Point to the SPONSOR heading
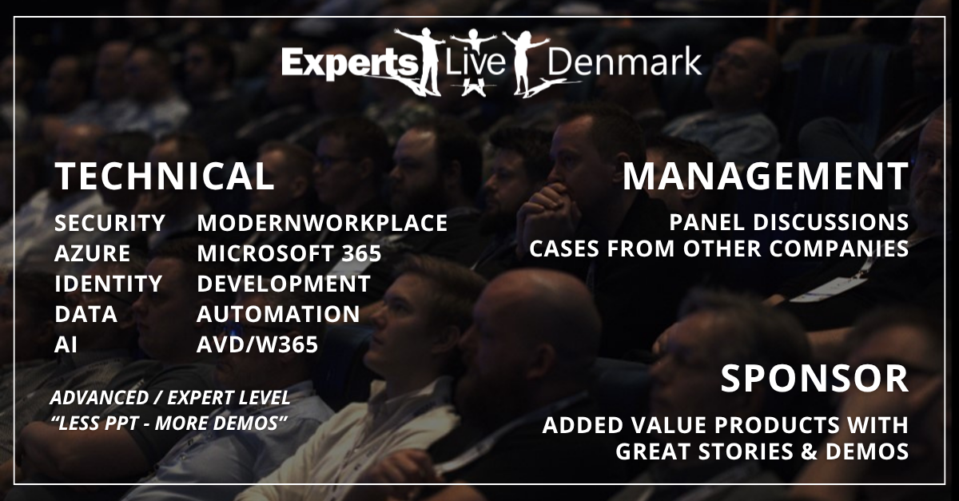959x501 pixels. [814, 379]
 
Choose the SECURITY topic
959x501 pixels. [110, 223]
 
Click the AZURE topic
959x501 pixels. [92, 253]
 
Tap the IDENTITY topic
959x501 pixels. [108, 284]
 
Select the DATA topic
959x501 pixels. [86, 314]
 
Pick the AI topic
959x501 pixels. [66, 344]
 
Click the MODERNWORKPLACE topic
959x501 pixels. [322, 223]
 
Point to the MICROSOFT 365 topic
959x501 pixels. [289, 253]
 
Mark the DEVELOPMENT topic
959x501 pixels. [284, 284]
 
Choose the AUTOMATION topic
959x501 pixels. [278, 314]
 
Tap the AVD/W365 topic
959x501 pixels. [257, 344]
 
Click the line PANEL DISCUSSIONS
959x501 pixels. [790, 221]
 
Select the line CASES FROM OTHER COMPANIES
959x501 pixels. [718, 249]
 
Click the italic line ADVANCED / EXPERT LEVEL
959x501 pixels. [169, 397]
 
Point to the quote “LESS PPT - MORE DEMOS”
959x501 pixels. [169, 422]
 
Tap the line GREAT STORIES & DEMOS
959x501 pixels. [762, 451]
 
